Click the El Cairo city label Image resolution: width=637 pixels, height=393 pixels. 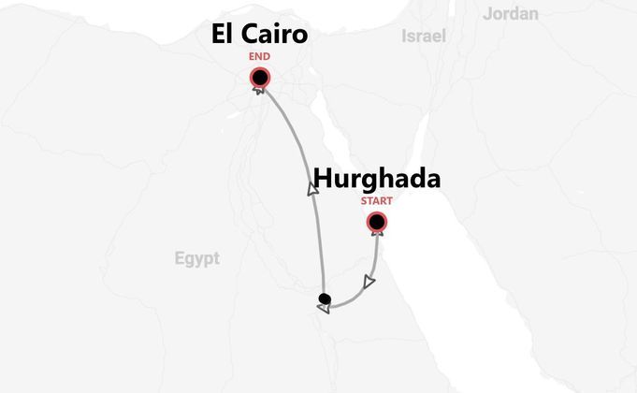point(259,36)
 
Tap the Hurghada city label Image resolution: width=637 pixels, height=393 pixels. point(376,179)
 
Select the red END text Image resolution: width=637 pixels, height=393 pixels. point(259,57)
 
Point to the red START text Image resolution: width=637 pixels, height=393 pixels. point(376,200)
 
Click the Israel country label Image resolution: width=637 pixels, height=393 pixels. point(423,36)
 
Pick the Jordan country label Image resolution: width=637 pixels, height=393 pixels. point(511,13)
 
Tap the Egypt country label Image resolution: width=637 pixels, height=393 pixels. point(196,258)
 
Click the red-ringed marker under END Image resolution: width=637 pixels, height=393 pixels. point(259,79)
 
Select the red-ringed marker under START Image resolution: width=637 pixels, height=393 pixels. point(376,222)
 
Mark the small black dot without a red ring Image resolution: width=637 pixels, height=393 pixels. point(324,299)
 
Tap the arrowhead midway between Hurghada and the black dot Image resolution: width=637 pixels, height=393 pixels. point(369,280)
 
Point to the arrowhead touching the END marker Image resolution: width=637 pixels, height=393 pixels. point(258,90)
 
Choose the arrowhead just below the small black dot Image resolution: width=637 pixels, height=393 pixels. point(324,310)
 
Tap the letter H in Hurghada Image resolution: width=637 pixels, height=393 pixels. point(322,179)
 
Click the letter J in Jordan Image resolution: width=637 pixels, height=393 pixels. point(487,13)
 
